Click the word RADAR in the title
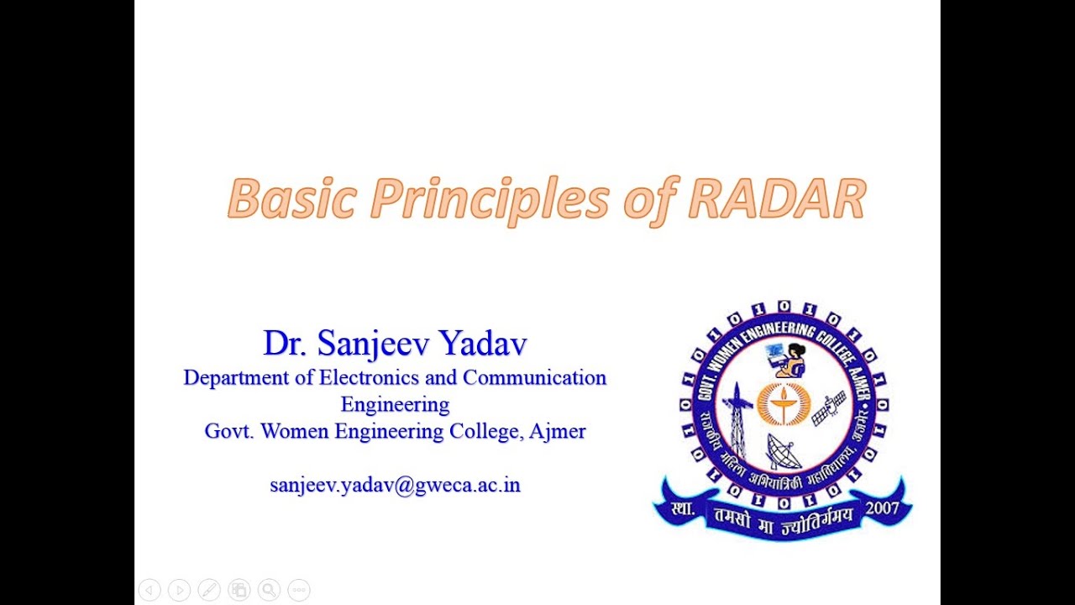pyautogui.click(x=776, y=200)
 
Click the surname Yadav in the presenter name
pyautogui.click(x=483, y=344)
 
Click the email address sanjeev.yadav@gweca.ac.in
pyautogui.click(x=395, y=485)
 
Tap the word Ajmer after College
pyautogui.click(x=558, y=432)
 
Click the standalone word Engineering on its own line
pyautogui.click(x=395, y=404)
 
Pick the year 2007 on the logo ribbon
pyautogui.click(x=881, y=508)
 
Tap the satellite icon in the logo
pyautogui.click(x=829, y=408)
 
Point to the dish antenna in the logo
pyautogui.click(x=783, y=452)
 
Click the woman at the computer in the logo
pyautogui.click(x=789, y=360)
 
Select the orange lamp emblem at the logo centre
pyautogui.click(x=783, y=402)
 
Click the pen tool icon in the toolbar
pyautogui.click(x=209, y=590)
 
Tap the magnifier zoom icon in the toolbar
pyautogui.click(x=269, y=590)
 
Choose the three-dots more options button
pyautogui.click(x=299, y=590)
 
